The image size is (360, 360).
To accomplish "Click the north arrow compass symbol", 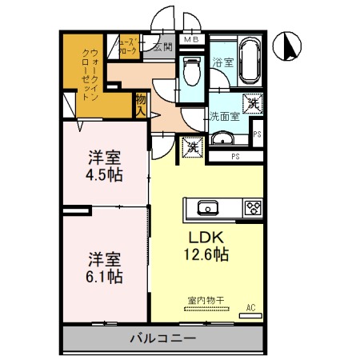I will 289,48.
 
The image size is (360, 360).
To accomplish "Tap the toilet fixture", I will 191,70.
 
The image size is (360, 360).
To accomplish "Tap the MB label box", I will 193,38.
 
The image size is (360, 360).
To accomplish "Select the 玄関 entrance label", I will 163,48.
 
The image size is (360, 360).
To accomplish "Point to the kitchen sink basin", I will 208,208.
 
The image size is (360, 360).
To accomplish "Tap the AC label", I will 250,306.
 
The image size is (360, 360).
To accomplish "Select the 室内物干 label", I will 206,300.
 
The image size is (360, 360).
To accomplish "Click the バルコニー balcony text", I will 163,339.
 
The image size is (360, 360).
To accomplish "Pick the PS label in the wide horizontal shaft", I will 236,156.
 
